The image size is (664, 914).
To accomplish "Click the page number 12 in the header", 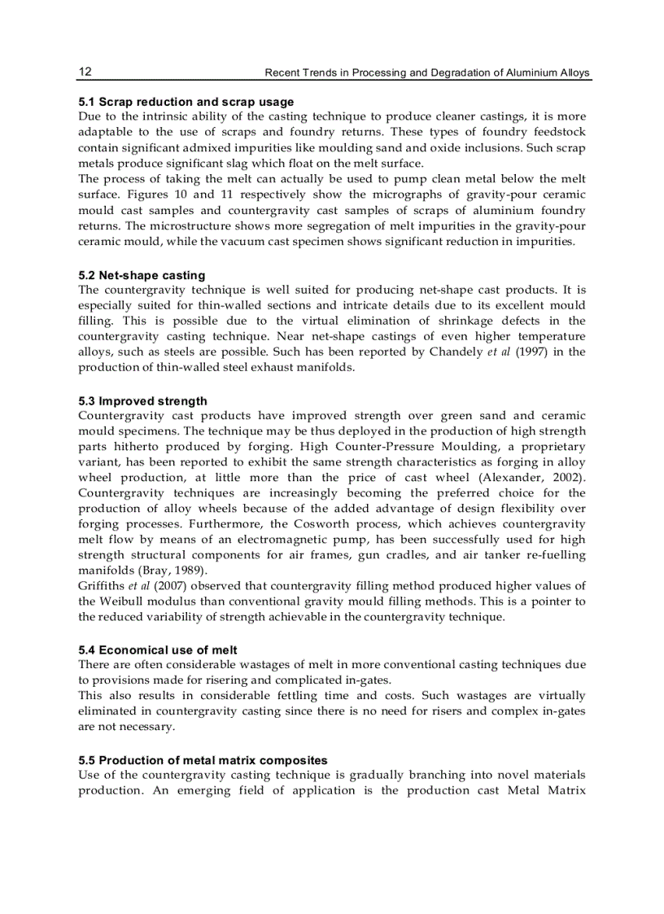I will [x=85, y=72].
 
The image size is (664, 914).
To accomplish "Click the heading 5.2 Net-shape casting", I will [x=142, y=275].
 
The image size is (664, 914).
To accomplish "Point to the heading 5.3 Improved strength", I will [x=142, y=400].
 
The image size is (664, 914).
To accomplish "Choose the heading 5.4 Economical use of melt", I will [x=158, y=649].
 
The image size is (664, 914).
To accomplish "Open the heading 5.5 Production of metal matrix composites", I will [x=203, y=760].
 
